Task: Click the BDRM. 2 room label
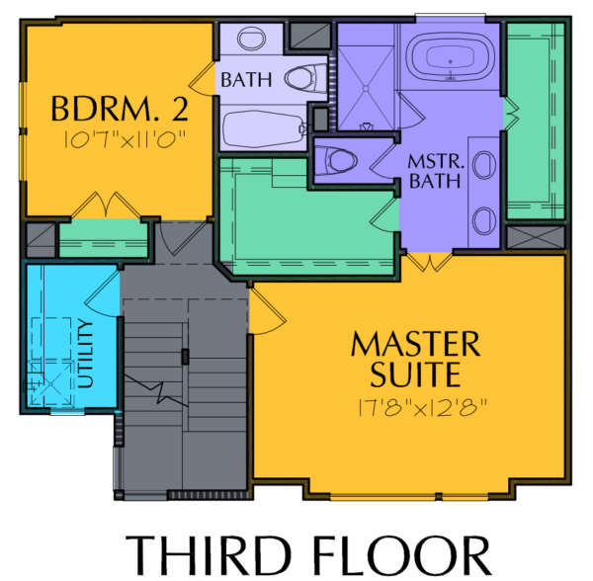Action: pos(120,109)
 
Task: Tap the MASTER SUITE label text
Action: pos(415,359)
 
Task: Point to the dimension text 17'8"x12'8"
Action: pos(422,407)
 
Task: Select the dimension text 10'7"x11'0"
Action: pos(126,139)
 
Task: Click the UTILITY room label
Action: pos(85,354)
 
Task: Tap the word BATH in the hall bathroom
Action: pos(246,80)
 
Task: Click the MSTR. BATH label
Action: pos(436,171)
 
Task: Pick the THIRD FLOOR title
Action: pos(307,555)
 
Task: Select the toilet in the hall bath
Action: pos(305,78)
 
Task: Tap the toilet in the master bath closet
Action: pos(336,161)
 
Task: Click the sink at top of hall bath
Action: pos(251,38)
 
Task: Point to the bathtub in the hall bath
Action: pos(264,128)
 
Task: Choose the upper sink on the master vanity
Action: pos(484,165)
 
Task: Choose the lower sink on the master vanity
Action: pos(484,220)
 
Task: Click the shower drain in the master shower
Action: pos(366,89)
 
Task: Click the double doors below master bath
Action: pos(430,263)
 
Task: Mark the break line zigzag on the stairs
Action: pos(156,391)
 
